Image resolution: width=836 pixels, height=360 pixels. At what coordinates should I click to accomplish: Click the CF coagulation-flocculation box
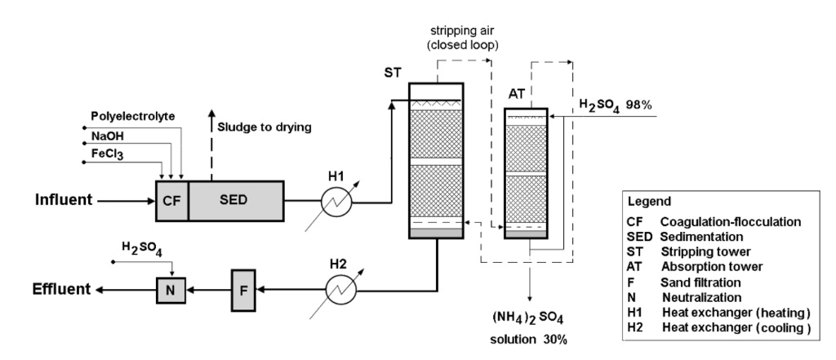click(171, 200)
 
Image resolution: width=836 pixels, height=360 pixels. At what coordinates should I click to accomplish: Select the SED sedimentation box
click(236, 200)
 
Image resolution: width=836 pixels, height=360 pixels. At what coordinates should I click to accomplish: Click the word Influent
click(63, 198)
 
